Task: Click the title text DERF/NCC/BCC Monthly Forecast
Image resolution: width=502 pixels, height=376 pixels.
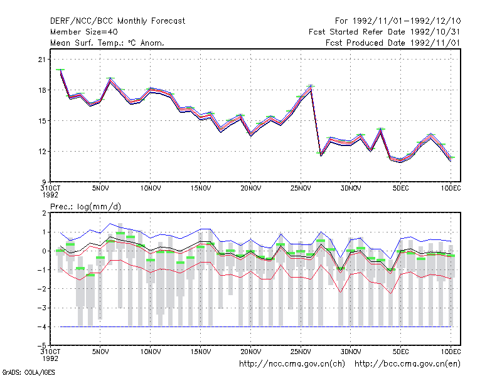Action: click(x=117, y=21)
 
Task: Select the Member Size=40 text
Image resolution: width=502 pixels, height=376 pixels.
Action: click(x=84, y=32)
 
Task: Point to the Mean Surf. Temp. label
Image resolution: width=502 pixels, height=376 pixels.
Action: click(x=85, y=43)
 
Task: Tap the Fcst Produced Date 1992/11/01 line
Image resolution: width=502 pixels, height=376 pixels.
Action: click(x=393, y=43)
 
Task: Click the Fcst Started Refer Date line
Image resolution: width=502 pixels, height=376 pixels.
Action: click(x=384, y=32)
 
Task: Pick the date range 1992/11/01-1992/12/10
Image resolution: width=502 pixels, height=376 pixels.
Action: click(x=407, y=21)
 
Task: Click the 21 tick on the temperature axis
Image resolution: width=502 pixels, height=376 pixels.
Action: click(x=42, y=60)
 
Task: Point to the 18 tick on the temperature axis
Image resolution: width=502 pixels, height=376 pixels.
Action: click(x=42, y=90)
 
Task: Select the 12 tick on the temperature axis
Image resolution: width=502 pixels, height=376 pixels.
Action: click(x=42, y=151)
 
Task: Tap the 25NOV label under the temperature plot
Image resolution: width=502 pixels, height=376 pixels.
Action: click(x=301, y=189)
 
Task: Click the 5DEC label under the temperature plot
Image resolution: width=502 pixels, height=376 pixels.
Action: click(x=401, y=189)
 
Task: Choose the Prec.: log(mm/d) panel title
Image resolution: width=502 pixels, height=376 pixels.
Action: click(x=85, y=207)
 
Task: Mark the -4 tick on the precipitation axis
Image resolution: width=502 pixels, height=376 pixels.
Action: click(x=41, y=326)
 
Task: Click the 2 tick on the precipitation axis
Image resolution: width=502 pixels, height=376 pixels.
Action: click(x=44, y=213)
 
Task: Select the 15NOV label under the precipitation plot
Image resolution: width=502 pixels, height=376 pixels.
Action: click(x=201, y=352)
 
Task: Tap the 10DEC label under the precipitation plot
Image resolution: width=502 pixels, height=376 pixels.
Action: click(x=451, y=352)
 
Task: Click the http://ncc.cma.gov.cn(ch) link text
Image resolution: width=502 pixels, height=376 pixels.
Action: click(x=292, y=364)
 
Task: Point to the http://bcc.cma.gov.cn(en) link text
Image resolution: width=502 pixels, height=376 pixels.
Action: click(x=407, y=364)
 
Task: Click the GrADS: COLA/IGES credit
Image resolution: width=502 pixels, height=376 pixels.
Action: click(x=28, y=372)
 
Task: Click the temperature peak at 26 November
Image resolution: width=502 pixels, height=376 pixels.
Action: click(x=311, y=86)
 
